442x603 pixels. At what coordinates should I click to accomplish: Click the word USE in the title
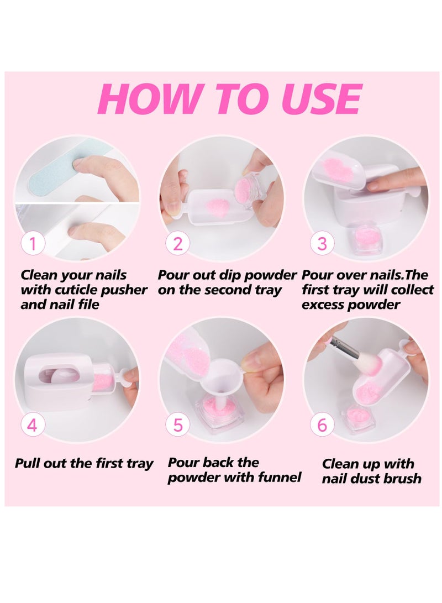[x=321, y=99]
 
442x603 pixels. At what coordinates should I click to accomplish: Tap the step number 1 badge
[x=33, y=244]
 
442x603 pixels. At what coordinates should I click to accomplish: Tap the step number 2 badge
[x=177, y=244]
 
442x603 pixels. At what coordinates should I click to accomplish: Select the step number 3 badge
[x=322, y=244]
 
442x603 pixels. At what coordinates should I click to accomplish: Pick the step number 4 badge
[x=33, y=425]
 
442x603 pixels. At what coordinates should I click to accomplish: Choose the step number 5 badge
[x=177, y=425]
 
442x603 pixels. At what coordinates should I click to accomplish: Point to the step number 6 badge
[x=322, y=425]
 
